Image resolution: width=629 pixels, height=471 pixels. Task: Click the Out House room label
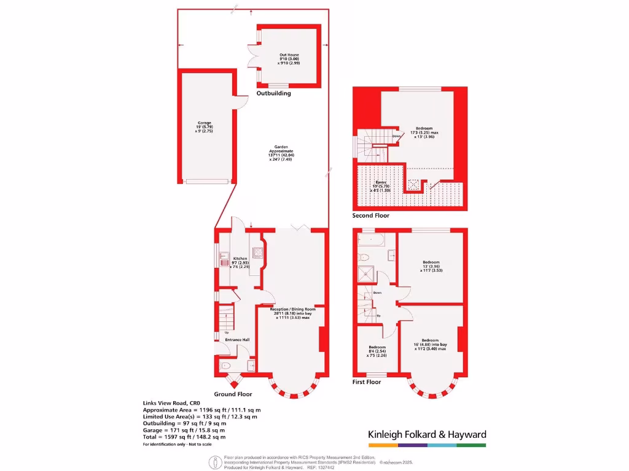click(289, 58)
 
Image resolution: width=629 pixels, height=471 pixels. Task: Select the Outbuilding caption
click(273, 94)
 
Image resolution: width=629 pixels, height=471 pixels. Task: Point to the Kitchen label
click(240, 262)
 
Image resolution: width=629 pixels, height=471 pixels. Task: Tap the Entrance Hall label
click(236, 340)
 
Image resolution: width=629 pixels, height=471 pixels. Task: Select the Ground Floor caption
click(233, 394)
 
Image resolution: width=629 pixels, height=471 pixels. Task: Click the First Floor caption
click(367, 382)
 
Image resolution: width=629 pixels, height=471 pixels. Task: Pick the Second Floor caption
click(370, 216)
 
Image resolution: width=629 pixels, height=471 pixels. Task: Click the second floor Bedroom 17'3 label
click(424, 132)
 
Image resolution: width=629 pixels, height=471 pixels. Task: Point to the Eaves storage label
click(381, 186)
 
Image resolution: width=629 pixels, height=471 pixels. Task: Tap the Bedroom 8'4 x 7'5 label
click(377, 351)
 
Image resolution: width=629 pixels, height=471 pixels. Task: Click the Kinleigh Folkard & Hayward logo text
click(427, 434)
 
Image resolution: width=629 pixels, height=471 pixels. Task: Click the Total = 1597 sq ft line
click(184, 437)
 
